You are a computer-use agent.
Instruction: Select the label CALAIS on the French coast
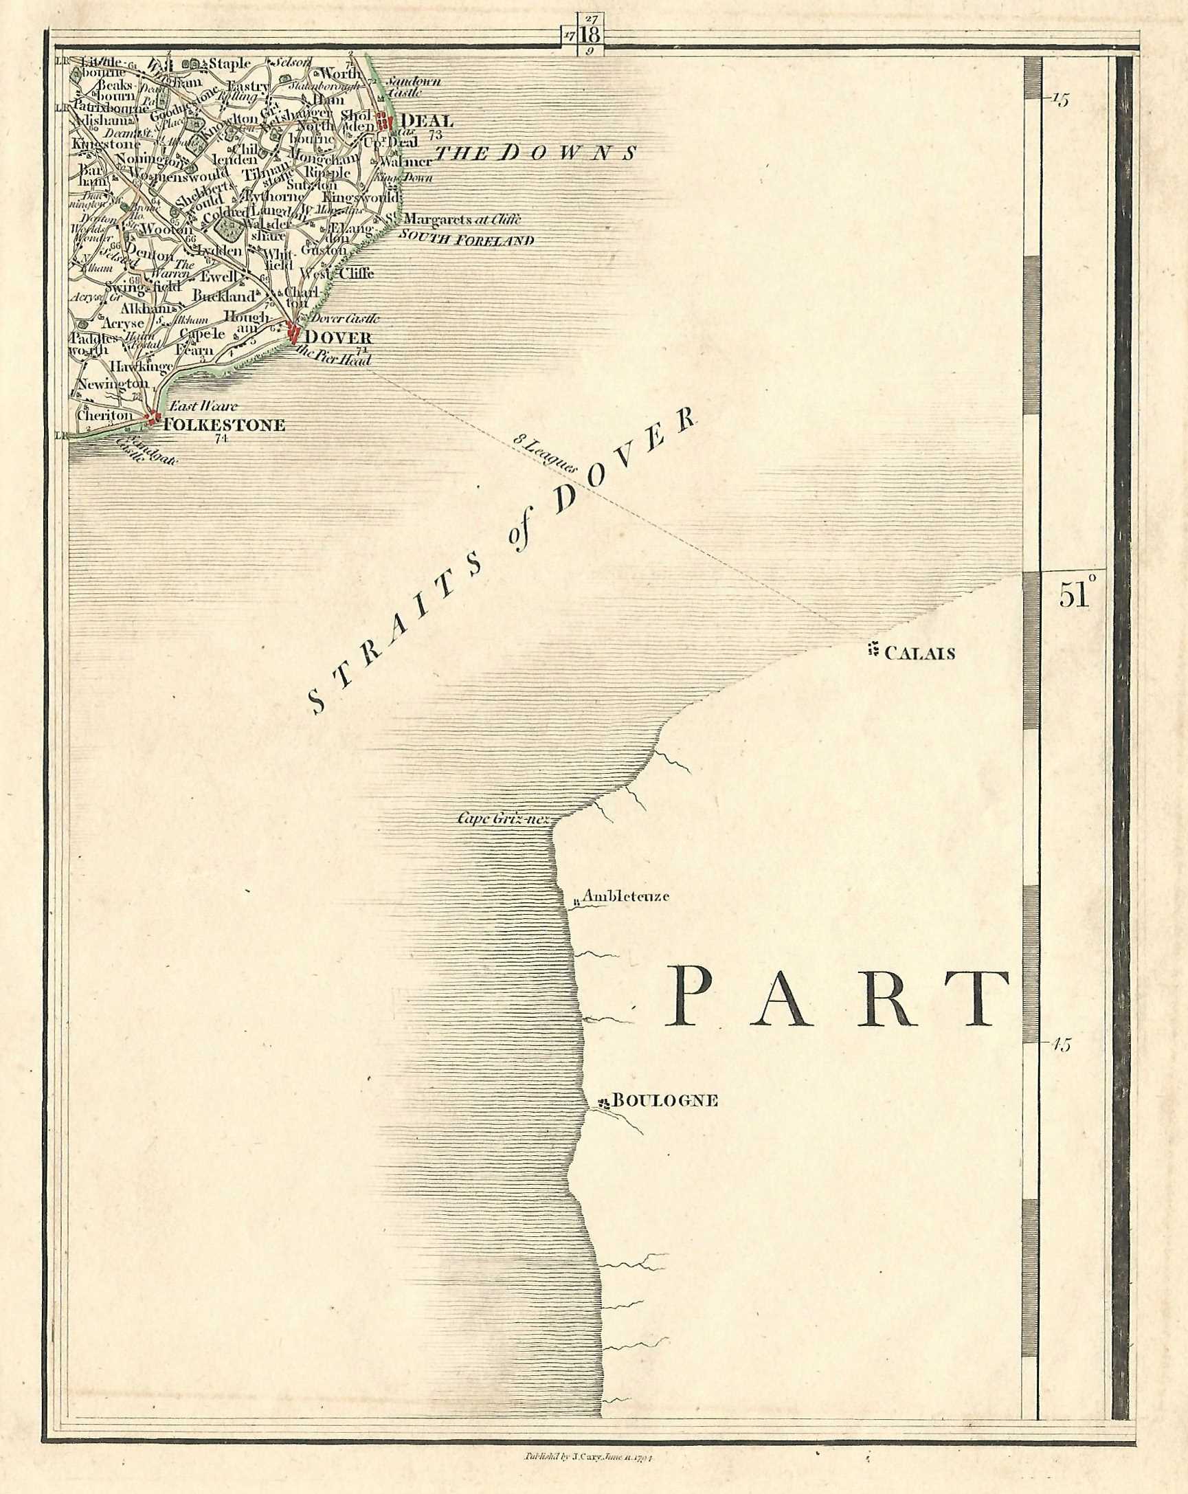coord(921,653)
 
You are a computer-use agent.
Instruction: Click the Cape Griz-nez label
coord(503,819)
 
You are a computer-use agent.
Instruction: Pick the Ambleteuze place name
coord(625,896)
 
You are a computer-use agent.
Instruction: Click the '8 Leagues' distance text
coord(546,454)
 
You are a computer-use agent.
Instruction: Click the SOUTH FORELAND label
coord(465,241)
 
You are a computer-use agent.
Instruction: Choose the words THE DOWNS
coord(535,153)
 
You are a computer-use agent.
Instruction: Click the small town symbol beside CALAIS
coord(874,651)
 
